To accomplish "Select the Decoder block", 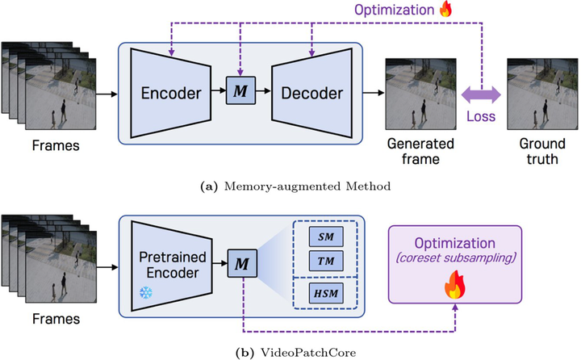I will click(308, 92).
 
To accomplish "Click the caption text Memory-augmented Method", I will click(303, 187).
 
